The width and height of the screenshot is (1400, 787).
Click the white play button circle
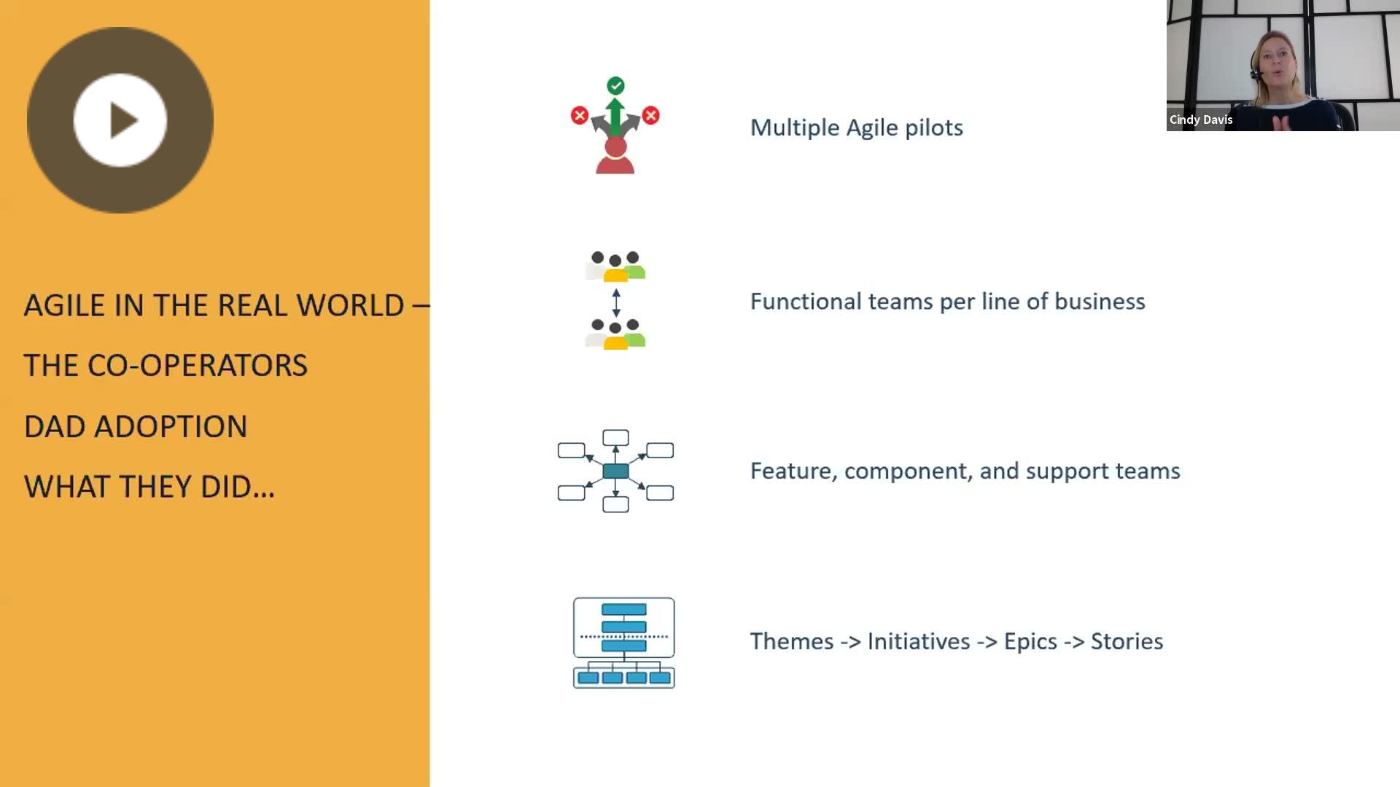120,120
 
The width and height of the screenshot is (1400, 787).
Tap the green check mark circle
615,86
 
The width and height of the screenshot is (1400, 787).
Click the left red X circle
580,115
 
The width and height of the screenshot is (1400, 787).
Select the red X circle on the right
651,115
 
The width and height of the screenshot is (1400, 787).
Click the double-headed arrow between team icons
616,302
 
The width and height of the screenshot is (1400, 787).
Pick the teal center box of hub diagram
616,471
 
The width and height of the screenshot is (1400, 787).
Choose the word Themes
792,641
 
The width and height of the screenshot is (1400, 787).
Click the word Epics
1030,642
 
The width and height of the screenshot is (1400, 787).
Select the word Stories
1127,641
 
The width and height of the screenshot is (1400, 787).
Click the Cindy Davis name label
1201,120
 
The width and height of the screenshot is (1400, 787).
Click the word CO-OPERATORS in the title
198,366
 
